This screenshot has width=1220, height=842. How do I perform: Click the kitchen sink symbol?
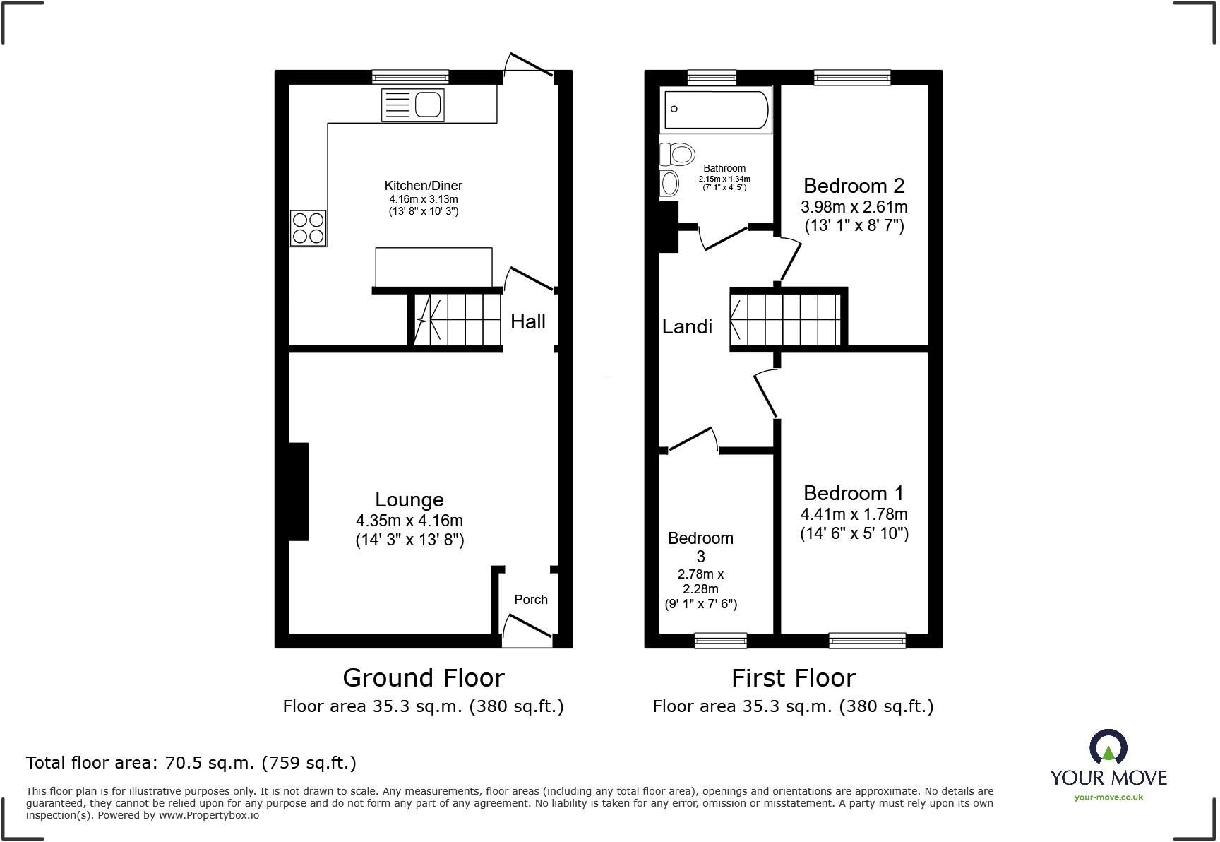coord(413,105)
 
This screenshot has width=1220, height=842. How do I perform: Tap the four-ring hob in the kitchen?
coord(309,228)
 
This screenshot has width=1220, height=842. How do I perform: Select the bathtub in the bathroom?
coord(716,109)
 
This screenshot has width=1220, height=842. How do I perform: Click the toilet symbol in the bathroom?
coord(677,153)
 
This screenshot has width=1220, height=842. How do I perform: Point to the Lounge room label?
coord(409,500)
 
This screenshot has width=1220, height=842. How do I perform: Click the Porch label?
coord(530,600)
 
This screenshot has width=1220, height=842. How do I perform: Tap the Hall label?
coord(528,322)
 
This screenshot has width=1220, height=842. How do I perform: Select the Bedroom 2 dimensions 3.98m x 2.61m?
coord(854,207)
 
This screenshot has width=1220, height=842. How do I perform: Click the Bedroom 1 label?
coord(853,493)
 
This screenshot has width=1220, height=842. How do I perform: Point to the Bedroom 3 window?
coord(720,640)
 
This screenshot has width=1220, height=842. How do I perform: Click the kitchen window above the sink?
coord(410,76)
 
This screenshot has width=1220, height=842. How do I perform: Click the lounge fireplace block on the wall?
coord(299,492)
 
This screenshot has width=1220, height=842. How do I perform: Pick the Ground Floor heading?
coord(423,678)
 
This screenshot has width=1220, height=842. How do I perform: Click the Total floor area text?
coord(191,763)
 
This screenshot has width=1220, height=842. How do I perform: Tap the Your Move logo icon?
coord(1108,747)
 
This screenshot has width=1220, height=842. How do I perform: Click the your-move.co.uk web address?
coord(1108,797)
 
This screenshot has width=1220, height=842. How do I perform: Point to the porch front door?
coord(526,628)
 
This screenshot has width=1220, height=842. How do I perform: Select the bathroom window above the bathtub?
coord(712,76)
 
